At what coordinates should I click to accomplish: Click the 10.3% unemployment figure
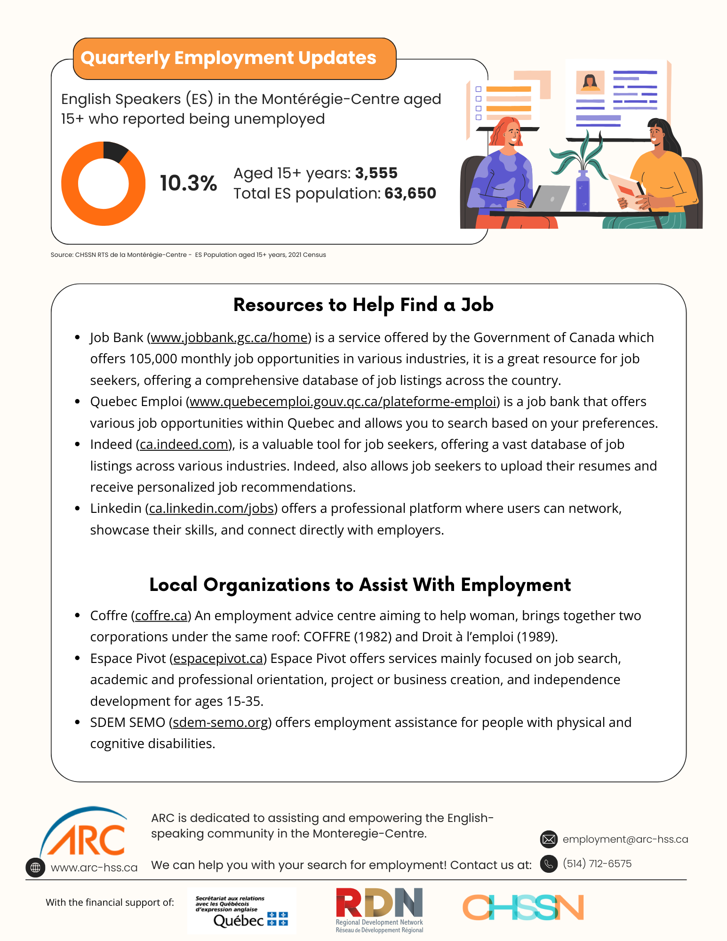pos(188,183)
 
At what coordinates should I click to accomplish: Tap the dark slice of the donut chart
pos(114,152)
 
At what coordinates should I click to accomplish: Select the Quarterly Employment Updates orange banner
pos(234,58)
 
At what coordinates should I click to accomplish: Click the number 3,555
pos(376,173)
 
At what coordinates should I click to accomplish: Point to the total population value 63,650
pos(410,193)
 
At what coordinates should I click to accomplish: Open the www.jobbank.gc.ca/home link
pos(229,338)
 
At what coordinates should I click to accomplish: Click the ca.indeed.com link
pos(184,445)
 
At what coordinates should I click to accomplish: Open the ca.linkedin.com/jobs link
pos(211,509)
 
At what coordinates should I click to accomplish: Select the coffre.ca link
pos(161,616)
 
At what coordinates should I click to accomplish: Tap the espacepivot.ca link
pos(218,659)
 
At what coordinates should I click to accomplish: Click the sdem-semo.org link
pos(220,723)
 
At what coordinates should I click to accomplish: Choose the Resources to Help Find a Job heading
pos(363,305)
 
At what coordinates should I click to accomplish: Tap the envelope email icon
pos(549,839)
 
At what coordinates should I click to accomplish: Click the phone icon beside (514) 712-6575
pos(549,864)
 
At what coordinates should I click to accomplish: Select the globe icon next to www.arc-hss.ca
pos(35,867)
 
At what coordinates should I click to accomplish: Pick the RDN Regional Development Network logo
pos(379,910)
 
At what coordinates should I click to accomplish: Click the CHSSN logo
pos(523,908)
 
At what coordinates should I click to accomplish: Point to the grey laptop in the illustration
pos(548,198)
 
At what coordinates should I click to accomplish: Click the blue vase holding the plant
pos(583,191)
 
